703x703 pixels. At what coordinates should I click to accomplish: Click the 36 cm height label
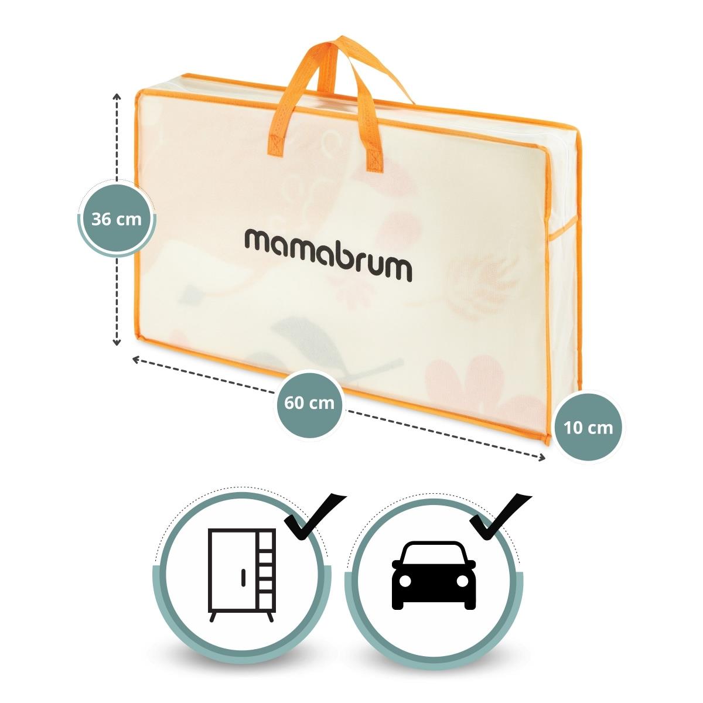117,220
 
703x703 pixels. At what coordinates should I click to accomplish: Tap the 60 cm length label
309,402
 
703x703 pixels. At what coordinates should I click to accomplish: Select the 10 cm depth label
589,427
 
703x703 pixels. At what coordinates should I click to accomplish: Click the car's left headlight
404,582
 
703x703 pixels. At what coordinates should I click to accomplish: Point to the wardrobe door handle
241,576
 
